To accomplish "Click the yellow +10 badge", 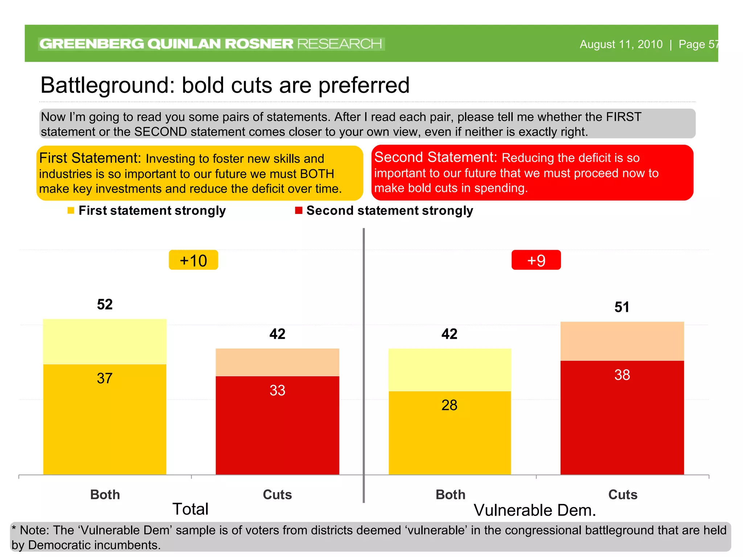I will [x=193, y=260].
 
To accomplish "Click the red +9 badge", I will [x=536, y=260].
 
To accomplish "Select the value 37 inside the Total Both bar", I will [x=104, y=378].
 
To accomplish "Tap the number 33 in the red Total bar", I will [x=277, y=390].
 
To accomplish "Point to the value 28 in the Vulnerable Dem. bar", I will [x=449, y=405].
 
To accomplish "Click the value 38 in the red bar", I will [x=622, y=375].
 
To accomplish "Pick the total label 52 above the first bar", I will [x=104, y=304].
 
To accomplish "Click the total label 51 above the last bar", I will [x=621, y=307].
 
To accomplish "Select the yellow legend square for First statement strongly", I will [x=71, y=211].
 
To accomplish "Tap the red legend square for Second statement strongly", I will [x=299, y=211].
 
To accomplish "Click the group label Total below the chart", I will [x=190, y=509].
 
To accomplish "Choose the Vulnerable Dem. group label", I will [x=535, y=510].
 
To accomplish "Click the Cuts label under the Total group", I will [x=277, y=495].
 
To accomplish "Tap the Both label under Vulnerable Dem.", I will [x=450, y=495].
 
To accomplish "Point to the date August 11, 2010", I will [x=621, y=44].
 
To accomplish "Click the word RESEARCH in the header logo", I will [x=340, y=44].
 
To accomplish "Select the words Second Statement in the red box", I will [x=435, y=157].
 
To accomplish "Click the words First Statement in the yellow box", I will [x=90, y=158].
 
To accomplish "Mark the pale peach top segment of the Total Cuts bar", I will [x=277, y=362].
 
